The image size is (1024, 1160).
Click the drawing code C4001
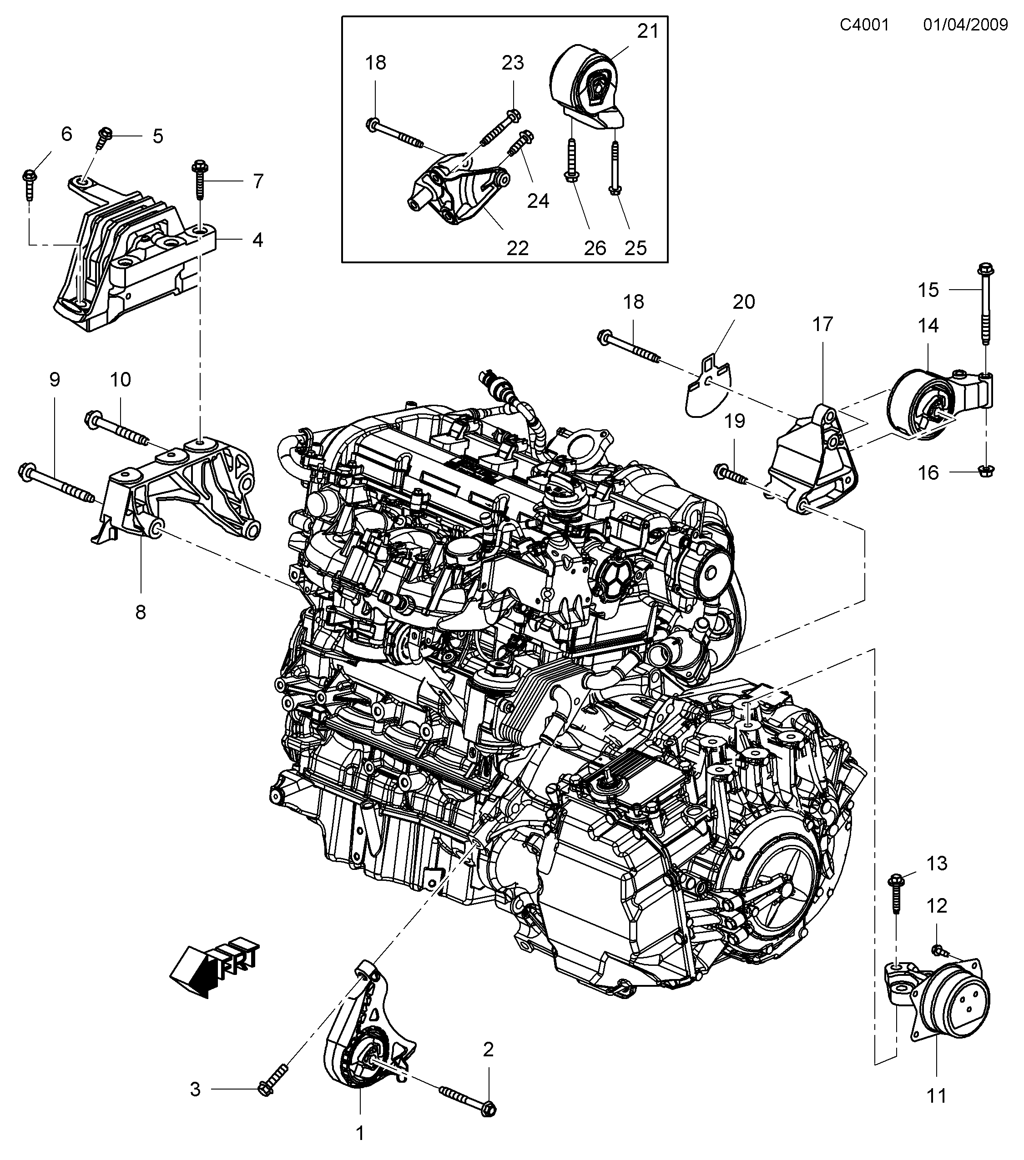[864, 25]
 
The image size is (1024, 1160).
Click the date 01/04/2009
[965, 25]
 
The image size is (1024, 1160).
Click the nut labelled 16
[986, 469]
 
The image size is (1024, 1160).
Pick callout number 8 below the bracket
[140, 612]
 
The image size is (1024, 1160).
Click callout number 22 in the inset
[517, 248]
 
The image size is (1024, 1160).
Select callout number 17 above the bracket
[822, 324]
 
